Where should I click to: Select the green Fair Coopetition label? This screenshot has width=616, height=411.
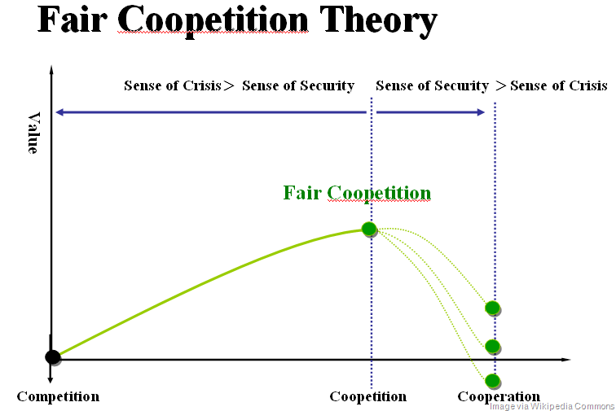point(357,193)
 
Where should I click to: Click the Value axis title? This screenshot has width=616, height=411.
point(33,133)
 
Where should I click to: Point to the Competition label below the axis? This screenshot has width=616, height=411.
point(58,397)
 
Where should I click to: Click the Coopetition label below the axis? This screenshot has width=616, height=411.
point(367,397)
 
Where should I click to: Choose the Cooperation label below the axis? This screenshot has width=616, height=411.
point(499,397)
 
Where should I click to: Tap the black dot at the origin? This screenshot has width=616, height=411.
point(53,356)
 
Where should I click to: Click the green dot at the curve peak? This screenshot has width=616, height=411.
point(369,230)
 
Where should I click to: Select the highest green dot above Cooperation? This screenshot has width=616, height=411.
point(492,308)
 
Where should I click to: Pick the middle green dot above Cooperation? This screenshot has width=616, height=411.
point(492,346)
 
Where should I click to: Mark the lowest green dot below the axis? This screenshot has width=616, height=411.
point(492,380)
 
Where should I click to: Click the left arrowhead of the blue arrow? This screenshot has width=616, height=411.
point(59,112)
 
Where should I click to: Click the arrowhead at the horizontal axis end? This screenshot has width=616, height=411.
point(565,359)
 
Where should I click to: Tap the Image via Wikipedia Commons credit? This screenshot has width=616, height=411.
point(552,405)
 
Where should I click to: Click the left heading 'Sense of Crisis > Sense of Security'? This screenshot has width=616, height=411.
point(239,85)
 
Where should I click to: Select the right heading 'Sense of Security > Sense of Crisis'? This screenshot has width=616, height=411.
point(491,85)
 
